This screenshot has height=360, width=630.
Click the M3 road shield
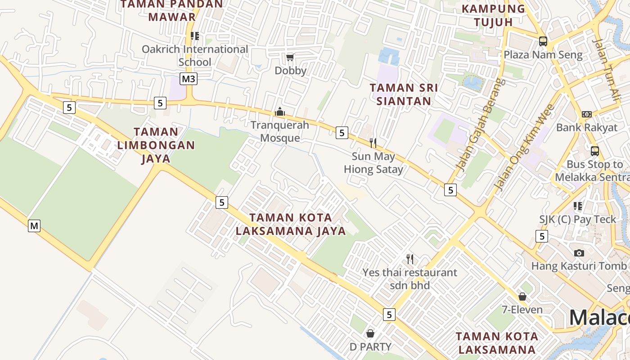(x=189, y=79)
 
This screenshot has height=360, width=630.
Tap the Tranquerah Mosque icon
(x=280, y=112)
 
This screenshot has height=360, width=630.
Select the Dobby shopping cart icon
(x=290, y=57)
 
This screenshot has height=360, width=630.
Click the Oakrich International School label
(x=195, y=55)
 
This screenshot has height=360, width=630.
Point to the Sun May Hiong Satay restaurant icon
(x=373, y=143)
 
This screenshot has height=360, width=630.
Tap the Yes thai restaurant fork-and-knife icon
(x=410, y=259)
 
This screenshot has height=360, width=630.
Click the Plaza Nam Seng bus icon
(x=543, y=41)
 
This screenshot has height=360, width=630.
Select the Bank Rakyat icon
(x=587, y=114)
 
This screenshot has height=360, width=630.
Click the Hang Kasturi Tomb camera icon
(x=579, y=253)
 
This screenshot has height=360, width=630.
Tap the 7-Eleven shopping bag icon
(x=522, y=297)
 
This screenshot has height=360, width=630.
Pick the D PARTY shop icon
(x=370, y=333)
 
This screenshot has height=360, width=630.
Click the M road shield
(x=34, y=225)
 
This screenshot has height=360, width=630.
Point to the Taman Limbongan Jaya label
(x=156, y=145)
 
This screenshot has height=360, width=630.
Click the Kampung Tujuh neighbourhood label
(x=494, y=15)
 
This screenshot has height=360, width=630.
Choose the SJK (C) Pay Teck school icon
(x=578, y=206)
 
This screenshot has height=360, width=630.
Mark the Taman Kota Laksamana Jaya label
(x=291, y=224)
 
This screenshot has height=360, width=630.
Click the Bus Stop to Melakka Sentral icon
(x=594, y=151)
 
